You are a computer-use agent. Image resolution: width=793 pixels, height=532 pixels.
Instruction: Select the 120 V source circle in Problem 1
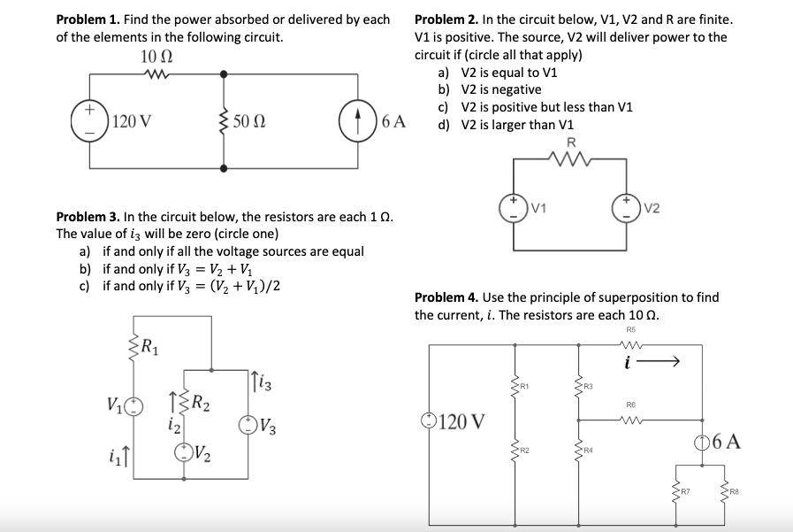point(90,120)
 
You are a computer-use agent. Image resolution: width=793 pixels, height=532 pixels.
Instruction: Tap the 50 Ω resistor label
point(250,121)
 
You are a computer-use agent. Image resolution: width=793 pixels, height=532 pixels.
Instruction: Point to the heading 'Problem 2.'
point(446,19)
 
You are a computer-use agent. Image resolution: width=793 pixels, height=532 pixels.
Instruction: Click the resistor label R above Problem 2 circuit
point(570,143)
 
